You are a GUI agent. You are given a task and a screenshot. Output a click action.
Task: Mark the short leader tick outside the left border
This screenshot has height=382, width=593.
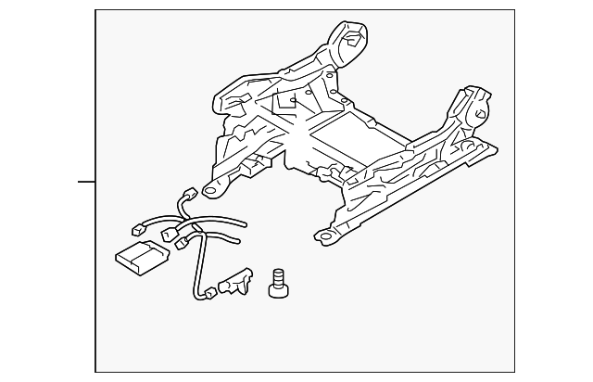click(86, 181)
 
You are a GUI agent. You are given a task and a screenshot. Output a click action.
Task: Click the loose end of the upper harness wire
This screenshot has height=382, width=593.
click(245, 223)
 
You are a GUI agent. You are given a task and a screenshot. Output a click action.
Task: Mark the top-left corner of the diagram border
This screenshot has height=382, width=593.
click(96, 10)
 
